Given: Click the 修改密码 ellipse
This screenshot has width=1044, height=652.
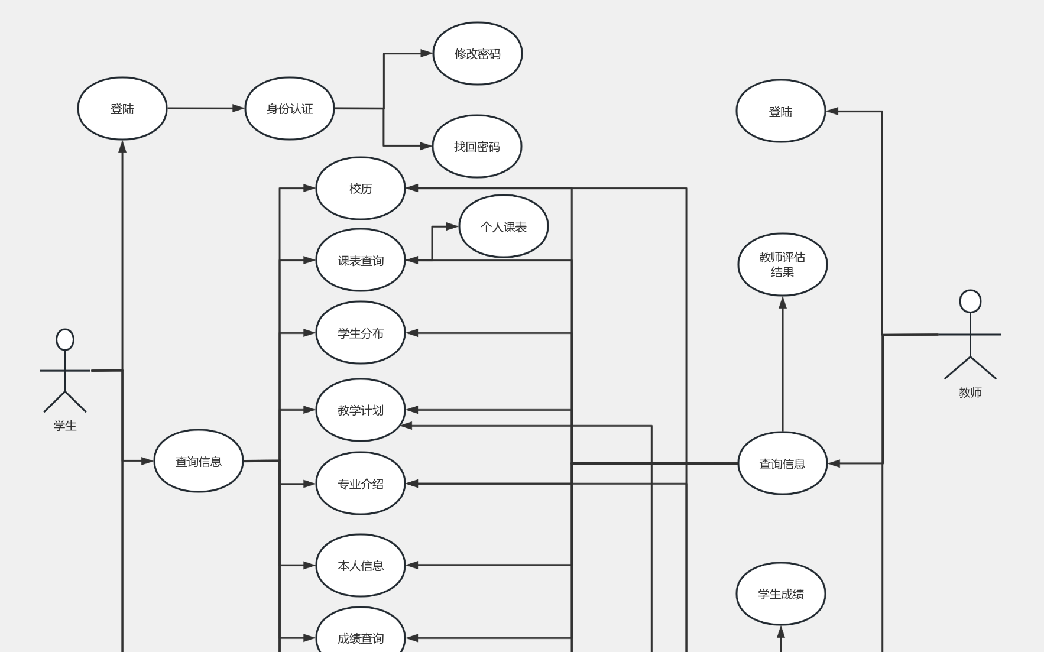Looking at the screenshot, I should click(477, 54).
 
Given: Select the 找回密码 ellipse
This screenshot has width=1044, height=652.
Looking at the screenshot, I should click(476, 147).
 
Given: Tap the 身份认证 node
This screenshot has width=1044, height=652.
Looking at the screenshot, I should click(290, 109).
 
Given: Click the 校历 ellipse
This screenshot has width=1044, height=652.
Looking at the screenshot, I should click(361, 189).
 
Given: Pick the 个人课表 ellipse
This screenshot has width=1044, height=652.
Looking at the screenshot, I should click(503, 226).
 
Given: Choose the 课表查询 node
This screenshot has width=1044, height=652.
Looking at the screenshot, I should click(361, 260).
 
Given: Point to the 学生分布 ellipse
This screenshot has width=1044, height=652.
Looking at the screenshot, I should click(361, 333).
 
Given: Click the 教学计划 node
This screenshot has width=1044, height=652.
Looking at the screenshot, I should click(361, 410).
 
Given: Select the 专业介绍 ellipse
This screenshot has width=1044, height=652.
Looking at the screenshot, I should click(361, 484).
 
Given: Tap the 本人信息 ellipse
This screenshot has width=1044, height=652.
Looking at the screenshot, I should click(361, 565).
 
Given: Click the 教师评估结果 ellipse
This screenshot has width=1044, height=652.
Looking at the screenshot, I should click(782, 264).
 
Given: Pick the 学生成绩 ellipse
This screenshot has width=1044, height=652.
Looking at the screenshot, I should click(780, 593).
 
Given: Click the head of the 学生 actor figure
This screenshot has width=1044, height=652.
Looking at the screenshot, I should click(65, 340).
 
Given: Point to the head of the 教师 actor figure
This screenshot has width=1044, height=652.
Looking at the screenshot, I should click(970, 301).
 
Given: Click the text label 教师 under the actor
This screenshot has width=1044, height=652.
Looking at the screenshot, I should click(970, 393).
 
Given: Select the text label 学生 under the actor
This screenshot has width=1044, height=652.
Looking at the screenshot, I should click(65, 426).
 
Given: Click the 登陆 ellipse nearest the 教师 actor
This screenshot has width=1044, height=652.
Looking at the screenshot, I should click(780, 111).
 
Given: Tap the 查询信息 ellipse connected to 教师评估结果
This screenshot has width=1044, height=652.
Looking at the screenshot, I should click(782, 463).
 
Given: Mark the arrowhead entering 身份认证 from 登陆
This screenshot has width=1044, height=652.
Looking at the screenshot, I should click(239, 108).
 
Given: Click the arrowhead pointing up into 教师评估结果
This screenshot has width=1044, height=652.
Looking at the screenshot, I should click(783, 303).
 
